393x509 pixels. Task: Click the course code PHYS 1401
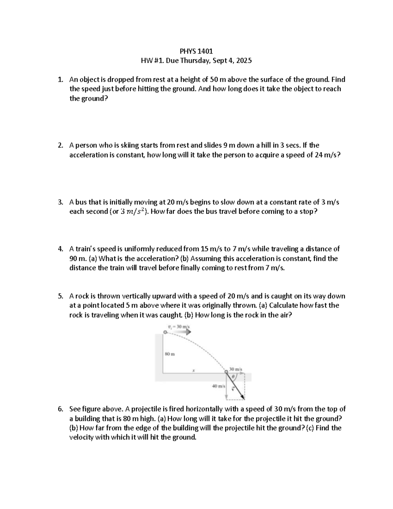(x=196, y=51)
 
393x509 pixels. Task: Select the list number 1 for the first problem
(x=60, y=79)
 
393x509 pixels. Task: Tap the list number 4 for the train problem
(x=60, y=249)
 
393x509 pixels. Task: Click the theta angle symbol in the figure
(x=233, y=377)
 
